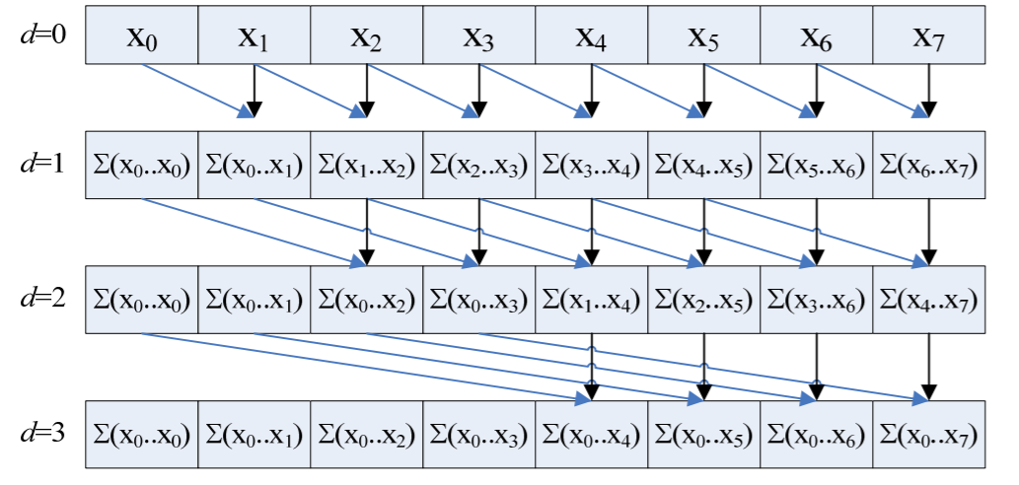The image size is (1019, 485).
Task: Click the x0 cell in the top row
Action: click(x=142, y=36)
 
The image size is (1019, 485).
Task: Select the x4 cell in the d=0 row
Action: click(x=591, y=36)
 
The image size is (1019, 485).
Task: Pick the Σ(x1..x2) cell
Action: click(x=366, y=165)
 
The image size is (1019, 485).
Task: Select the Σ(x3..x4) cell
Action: click(x=591, y=165)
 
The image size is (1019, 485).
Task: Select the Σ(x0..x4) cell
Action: click(x=591, y=433)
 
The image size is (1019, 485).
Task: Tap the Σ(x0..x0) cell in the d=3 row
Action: click(x=142, y=433)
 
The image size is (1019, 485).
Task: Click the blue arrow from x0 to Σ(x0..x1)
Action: click(x=192, y=89)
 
